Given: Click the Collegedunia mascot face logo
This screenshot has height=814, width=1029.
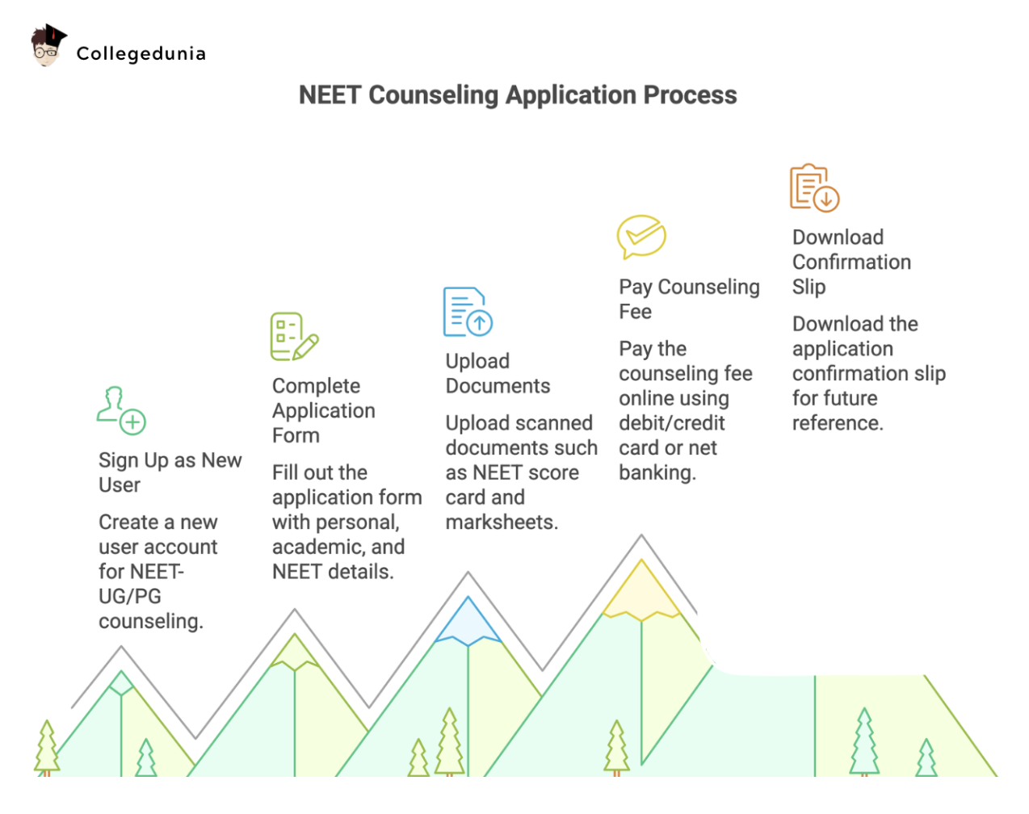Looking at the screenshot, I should [48, 47].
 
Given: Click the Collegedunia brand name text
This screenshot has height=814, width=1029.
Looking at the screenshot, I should [141, 53].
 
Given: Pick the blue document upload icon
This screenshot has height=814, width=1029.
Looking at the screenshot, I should [468, 312].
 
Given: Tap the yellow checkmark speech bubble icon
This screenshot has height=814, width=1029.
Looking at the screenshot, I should [641, 237].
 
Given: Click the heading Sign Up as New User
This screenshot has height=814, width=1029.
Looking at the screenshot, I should [170, 472].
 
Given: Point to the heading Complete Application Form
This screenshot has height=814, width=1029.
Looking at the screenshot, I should [323, 410].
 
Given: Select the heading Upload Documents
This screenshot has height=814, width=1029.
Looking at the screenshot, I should [498, 373].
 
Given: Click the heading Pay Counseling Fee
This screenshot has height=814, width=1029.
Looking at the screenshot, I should [689, 299].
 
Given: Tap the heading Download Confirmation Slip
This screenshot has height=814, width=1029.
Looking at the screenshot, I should [851, 262].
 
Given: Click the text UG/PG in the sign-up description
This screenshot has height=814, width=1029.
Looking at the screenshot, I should [130, 596].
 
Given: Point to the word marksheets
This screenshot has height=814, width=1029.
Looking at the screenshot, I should [501, 522].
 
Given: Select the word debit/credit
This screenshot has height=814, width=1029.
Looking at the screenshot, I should [671, 423].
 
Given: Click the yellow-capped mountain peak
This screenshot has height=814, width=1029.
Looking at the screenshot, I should [641, 590].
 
